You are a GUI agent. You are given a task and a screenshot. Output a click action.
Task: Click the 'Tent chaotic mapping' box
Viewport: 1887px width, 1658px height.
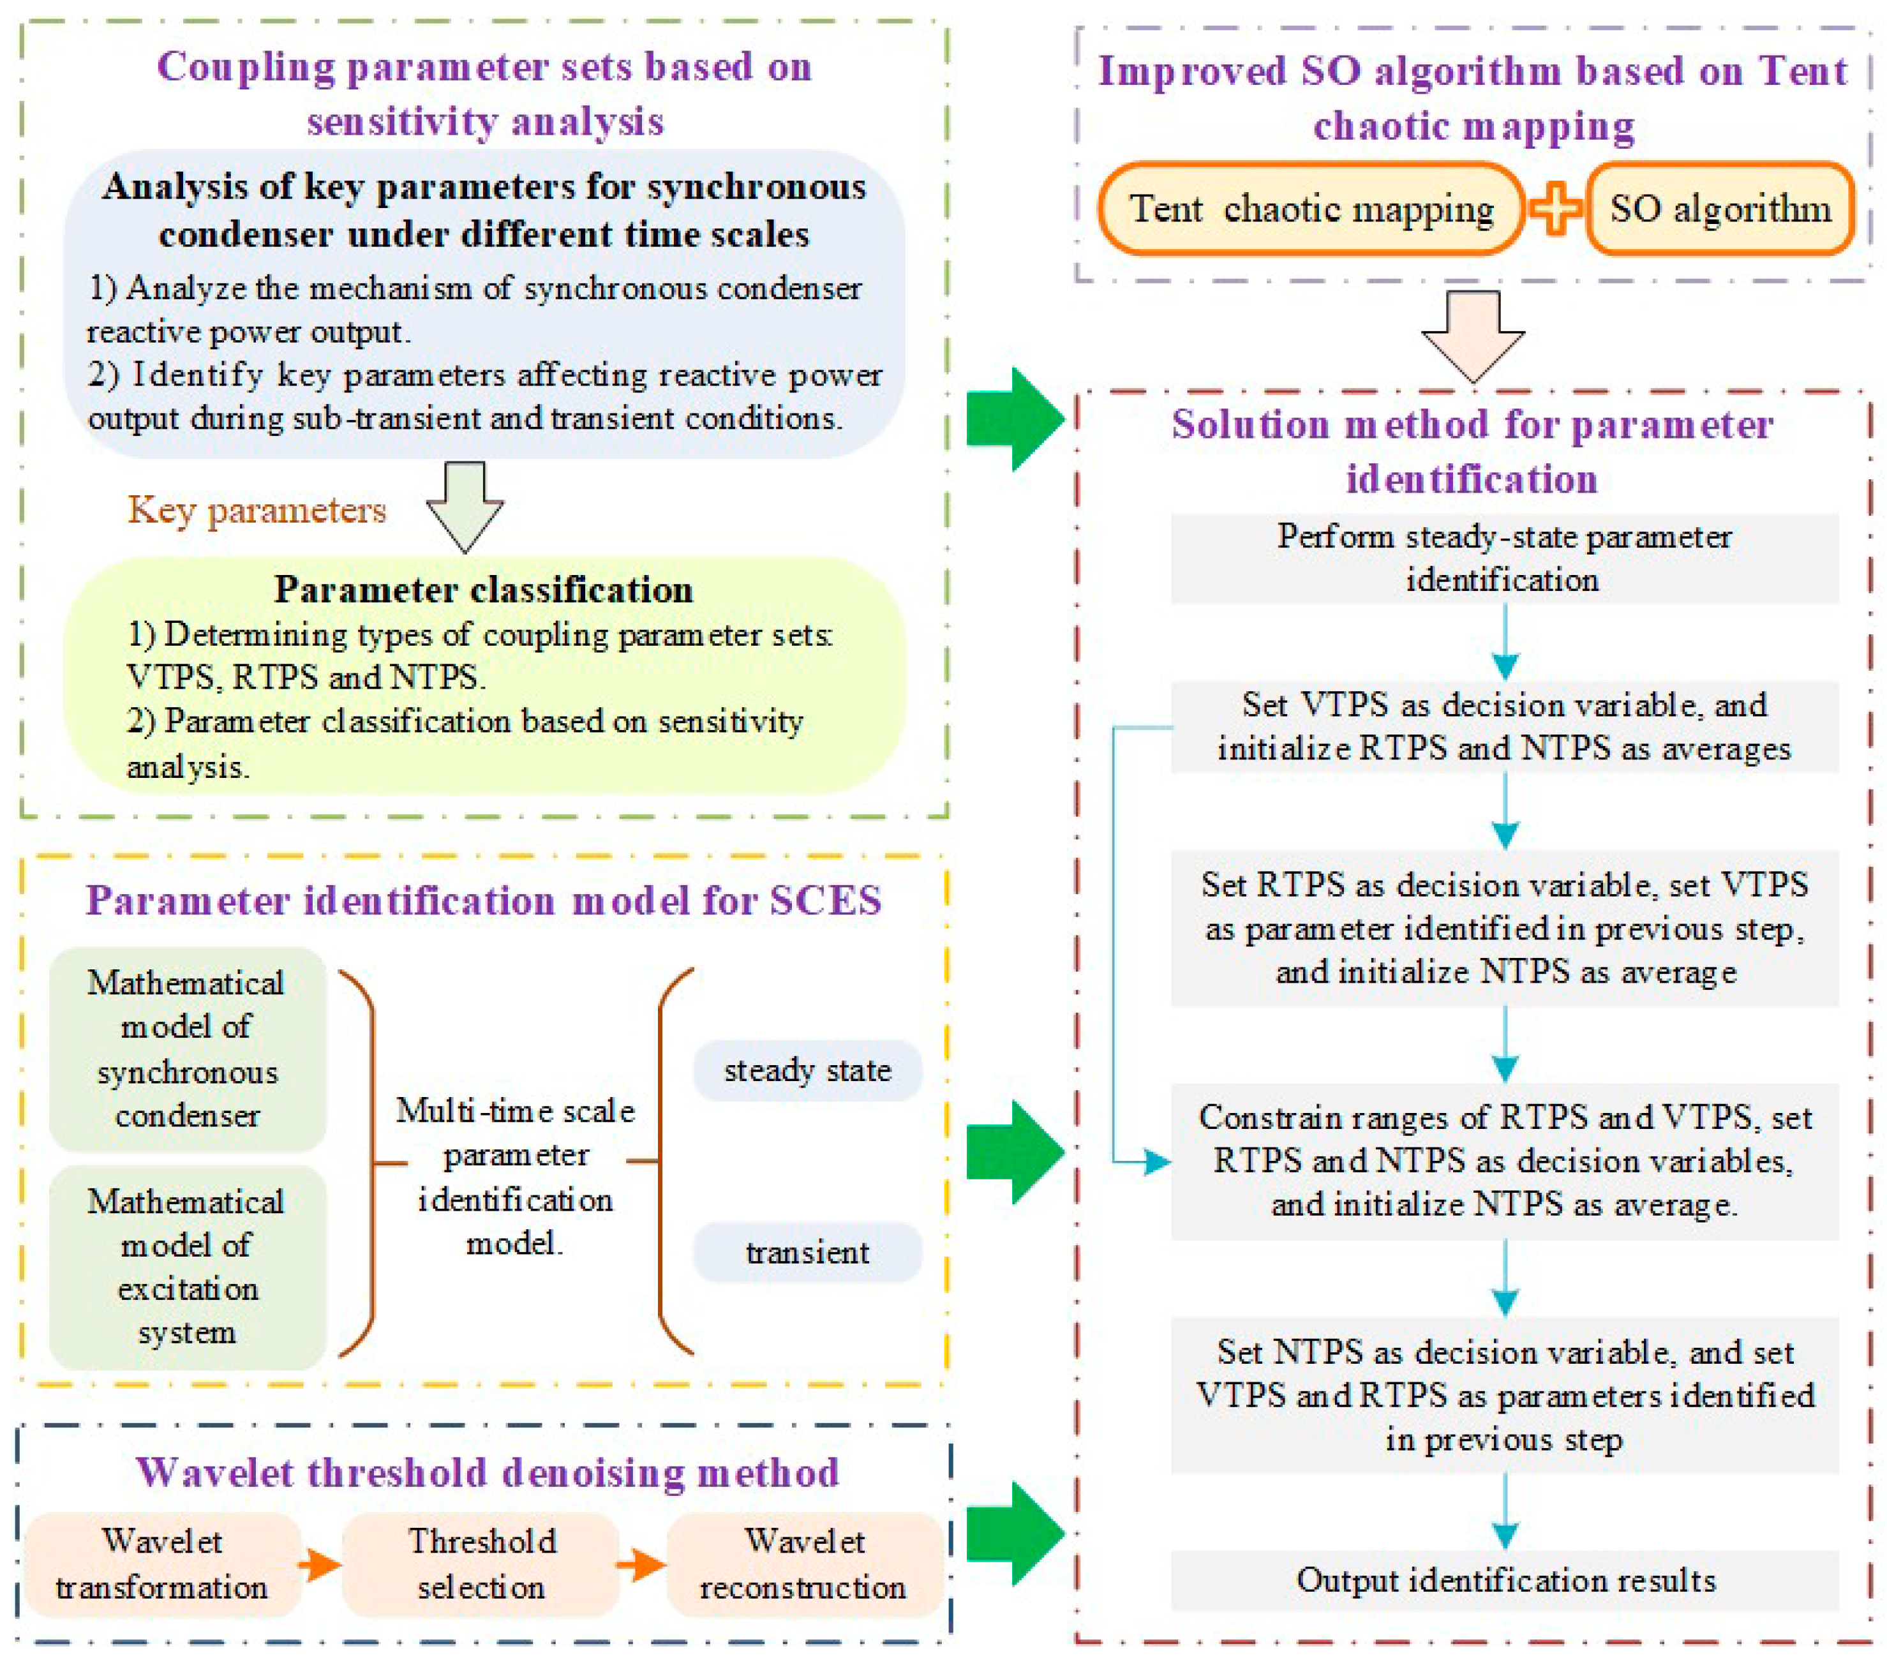coord(1310,209)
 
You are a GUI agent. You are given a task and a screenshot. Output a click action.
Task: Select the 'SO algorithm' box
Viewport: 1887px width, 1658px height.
coord(1720,209)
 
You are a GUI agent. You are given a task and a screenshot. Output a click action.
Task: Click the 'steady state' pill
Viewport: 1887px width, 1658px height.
coord(807,1070)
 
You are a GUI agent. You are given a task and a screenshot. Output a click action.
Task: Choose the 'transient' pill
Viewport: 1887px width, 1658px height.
coord(807,1252)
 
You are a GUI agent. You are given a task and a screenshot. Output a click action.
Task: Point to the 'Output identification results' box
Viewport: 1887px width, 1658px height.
coord(1505,1580)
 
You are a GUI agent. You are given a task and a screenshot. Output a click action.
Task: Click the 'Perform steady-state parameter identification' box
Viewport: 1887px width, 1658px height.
coord(1505,558)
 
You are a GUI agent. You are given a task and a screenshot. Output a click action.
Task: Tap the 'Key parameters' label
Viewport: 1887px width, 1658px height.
coord(257,509)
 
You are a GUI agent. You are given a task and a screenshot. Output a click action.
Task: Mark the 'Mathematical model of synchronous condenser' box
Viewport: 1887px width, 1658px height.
coord(188,1049)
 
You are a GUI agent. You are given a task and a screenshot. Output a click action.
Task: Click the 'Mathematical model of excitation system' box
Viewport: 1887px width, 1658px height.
coord(188,1267)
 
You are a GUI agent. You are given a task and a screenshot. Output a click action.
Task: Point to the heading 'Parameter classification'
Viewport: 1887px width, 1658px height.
coord(483,590)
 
